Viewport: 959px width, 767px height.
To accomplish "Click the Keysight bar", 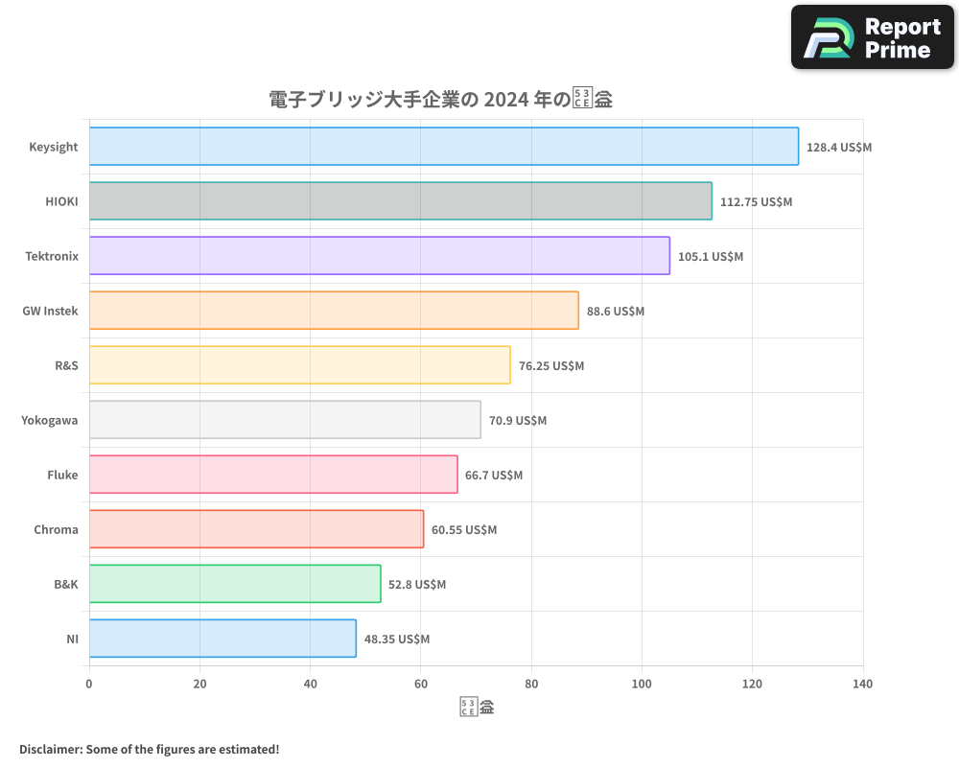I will (x=443, y=147).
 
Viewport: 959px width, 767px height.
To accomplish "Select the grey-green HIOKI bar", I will (x=400, y=201).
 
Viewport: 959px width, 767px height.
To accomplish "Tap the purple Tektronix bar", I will (x=379, y=256).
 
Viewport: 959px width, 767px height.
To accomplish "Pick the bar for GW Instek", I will (x=334, y=311).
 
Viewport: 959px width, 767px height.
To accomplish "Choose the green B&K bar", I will (x=235, y=584).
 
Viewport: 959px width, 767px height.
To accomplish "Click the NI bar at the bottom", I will (x=222, y=639).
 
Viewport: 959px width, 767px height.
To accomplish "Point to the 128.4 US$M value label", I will (x=839, y=148).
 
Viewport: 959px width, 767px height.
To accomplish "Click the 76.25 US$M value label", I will (x=551, y=366).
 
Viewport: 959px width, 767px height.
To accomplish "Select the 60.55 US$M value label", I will (x=464, y=530).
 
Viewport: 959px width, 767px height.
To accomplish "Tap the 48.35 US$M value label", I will (x=397, y=639).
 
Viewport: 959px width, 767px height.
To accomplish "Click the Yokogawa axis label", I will (x=50, y=420).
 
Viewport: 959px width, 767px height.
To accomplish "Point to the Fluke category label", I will (x=62, y=475).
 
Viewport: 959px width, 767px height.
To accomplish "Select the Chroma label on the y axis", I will (x=56, y=529).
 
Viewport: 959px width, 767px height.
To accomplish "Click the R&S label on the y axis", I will (x=66, y=365).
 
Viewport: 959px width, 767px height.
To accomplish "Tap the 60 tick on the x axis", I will (x=421, y=685).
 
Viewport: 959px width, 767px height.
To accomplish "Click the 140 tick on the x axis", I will (x=862, y=685).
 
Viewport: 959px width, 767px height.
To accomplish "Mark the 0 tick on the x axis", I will (x=89, y=685).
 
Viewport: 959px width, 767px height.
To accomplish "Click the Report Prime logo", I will (x=873, y=37).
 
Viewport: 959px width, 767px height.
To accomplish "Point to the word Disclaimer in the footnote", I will (x=50, y=749).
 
